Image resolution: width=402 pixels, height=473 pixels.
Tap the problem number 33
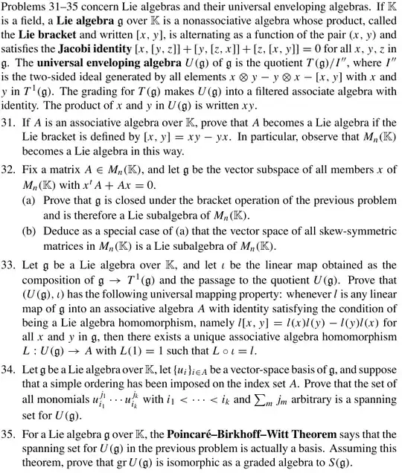coord(8,283)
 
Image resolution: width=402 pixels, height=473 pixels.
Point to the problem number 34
coord(8,368)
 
